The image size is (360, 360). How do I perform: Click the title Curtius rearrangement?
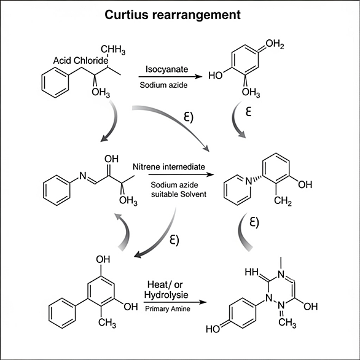tap(173, 15)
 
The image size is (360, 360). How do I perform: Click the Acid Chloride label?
tap(80, 61)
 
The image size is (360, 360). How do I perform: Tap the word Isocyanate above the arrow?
tap(166, 69)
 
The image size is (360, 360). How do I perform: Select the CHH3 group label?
tap(113, 50)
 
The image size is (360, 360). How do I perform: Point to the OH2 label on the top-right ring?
tap(275, 44)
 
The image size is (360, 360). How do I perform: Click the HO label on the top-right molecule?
tap(216, 76)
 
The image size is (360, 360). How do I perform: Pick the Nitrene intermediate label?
tap(169, 166)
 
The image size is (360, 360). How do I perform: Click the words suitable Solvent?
tap(179, 194)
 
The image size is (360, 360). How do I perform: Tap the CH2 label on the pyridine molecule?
tap(283, 201)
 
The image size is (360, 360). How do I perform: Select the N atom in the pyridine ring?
tap(249, 181)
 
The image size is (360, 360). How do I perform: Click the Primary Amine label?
tap(168, 309)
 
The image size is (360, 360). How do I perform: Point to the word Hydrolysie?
tap(166, 295)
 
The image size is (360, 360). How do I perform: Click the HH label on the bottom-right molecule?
tap(251, 272)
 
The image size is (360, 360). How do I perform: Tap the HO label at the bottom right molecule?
tap(213, 329)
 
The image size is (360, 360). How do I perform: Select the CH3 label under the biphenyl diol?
tap(108, 323)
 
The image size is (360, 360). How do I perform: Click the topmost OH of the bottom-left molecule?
tap(103, 259)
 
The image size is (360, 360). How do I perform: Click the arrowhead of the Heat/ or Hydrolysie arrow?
tap(203, 302)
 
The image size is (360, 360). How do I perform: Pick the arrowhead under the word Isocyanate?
tap(198, 77)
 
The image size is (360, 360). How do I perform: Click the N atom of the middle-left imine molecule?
tap(83, 176)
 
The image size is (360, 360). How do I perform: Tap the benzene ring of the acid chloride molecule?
tap(55, 83)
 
